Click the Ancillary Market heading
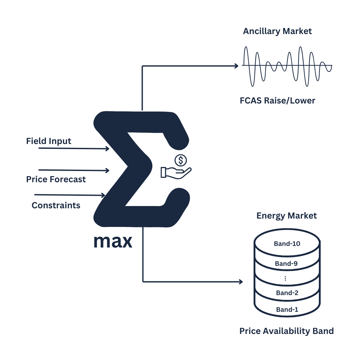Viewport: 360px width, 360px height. [277, 31]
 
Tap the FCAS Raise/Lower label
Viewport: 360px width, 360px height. [277, 101]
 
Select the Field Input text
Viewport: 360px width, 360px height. [49, 141]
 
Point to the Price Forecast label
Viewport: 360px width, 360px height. [56, 179]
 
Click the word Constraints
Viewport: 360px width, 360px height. [56, 205]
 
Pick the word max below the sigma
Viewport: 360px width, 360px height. [113, 241]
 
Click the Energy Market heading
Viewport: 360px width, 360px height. [286, 216]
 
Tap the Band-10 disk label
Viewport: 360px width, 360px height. [287, 244]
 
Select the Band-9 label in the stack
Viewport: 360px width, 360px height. [286, 264]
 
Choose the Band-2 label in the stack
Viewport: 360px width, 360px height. [287, 293]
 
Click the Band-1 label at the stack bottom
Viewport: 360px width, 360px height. [287, 310]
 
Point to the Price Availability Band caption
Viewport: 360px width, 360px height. [286, 331]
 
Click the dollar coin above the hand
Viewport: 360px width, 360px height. [181, 160]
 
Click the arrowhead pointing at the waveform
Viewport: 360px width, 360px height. [237, 66]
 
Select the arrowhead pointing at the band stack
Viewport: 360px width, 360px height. [241, 282]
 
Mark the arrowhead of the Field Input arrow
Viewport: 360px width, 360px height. [107, 148]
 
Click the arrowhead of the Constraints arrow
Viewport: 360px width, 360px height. [103, 195]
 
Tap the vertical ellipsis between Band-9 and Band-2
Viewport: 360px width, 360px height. [285, 278]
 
